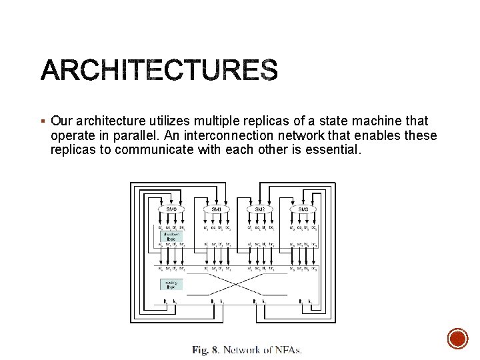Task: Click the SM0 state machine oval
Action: [x=172, y=209]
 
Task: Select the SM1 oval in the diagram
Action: [x=217, y=209]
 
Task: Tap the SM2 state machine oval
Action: [x=260, y=209]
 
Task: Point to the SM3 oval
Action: [x=303, y=209]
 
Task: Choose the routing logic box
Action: [x=171, y=285]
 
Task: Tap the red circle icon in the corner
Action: [x=457, y=339]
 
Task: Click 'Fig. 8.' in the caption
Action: [x=205, y=349]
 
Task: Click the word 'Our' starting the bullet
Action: [x=62, y=121]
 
